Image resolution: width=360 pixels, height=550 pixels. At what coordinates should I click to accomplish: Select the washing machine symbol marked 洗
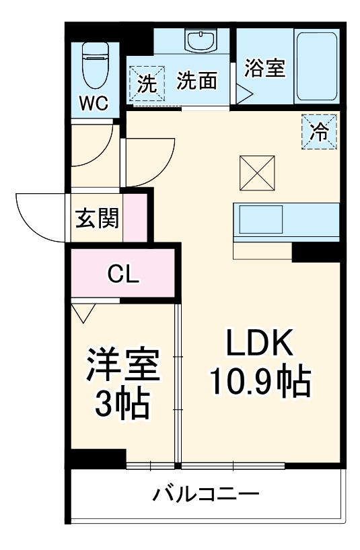click(x=146, y=83)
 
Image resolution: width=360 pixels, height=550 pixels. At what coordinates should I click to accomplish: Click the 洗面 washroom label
click(x=196, y=81)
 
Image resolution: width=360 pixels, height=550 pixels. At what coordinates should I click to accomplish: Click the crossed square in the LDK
click(x=257, y=173)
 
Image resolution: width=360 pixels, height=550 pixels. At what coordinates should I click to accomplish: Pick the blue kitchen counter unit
click(x=285, y=219)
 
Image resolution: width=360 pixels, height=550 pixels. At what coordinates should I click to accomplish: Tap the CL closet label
click(x=123, y=274)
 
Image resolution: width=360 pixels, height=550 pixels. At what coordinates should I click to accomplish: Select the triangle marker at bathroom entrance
click(x=242, y=94)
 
